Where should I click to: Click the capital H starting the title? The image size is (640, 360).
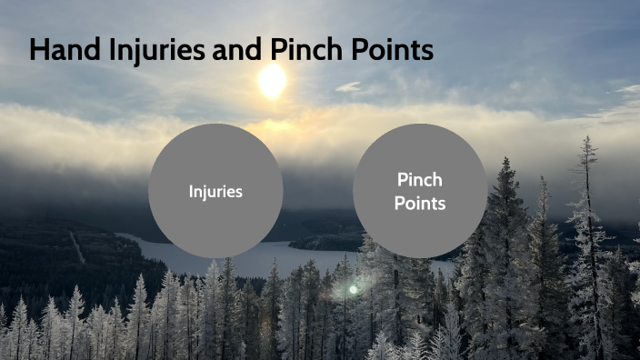pyautogui.click(x=38, y=50)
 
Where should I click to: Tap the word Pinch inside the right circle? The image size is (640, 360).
pyautogui.click(x=420, y=180)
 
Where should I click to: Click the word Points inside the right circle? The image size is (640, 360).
pyautogui.click(x=420, y=203)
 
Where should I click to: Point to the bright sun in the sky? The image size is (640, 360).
pyautogui.click(x=272, y=81)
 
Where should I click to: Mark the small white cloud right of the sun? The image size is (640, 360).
pyautogui.click(x=349, y=87)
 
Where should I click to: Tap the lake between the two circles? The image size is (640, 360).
pyautogui.click(x=309, y=260)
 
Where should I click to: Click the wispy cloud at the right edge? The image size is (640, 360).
pyautogui.click(x=627, y=89)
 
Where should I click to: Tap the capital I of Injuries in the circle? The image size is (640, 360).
pyautogui.click(x=191, y=192)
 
